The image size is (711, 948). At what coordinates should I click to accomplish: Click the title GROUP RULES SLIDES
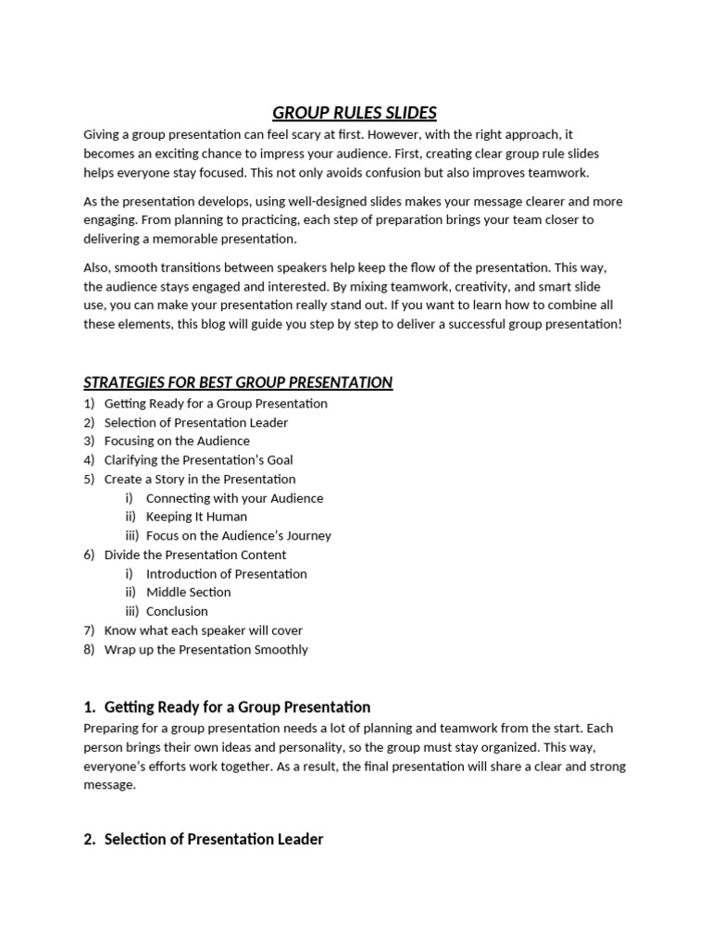point(355,113)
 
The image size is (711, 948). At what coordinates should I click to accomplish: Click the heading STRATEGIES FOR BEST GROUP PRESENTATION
point(238,382)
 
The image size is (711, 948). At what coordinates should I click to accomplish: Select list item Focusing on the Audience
point(177,441)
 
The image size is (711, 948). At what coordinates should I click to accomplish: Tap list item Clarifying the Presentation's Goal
point(198,460)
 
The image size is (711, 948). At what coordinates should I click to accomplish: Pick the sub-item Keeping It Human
point(196,517)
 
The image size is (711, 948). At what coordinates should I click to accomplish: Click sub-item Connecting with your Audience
point(234,498)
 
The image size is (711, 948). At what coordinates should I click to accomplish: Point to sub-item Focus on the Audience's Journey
point(238,536)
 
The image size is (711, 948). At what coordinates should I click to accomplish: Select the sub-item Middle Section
point(188,592)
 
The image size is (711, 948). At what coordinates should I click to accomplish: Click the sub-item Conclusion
point(177,611)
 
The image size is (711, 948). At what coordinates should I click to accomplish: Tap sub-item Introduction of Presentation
point(226,574)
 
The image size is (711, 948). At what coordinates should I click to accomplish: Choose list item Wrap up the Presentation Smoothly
point(206,649)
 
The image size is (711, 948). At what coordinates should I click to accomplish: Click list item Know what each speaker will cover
point(203,630)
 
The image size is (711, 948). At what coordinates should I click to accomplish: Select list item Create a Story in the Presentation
point(200,479)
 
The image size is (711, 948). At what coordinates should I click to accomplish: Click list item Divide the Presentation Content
point(195,555)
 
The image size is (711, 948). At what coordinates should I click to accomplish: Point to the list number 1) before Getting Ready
point(89,404)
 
